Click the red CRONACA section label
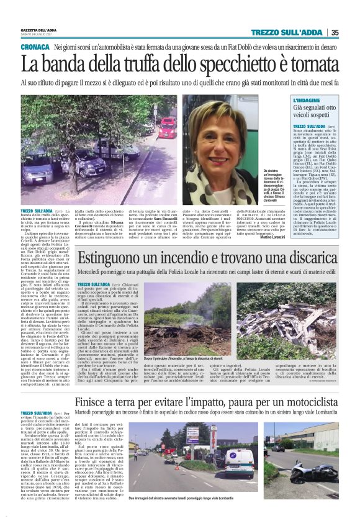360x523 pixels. pos(35,47)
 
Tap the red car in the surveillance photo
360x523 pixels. pos(167,128)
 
